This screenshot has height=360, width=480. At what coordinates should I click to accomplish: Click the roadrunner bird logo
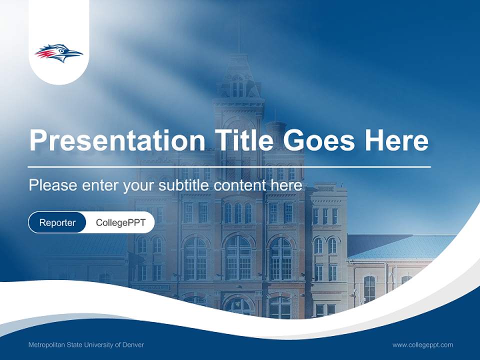(x=59, y=53)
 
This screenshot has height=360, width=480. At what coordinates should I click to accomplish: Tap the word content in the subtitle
(x=239, y=185)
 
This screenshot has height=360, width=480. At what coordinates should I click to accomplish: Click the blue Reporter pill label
(x=57, y=222)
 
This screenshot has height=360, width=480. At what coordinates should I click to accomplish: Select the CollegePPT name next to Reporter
(x=120, y=222)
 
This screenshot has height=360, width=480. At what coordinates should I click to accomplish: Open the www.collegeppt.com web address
(x=422, y=345)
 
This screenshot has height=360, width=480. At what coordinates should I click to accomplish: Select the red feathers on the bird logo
(x=43, y=52)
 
